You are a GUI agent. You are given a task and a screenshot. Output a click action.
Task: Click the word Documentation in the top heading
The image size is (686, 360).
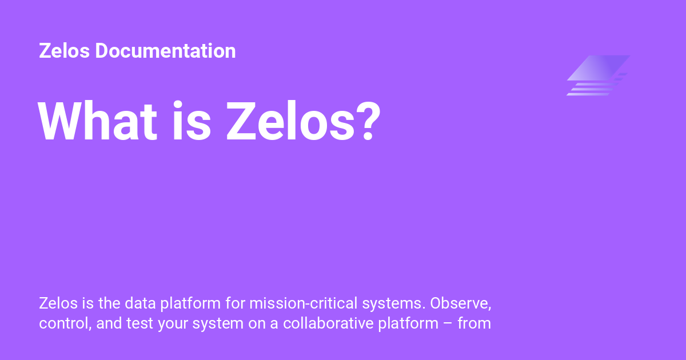[x=165, y=51]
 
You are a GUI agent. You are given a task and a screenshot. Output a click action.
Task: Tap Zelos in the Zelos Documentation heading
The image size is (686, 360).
[x=64, y=51]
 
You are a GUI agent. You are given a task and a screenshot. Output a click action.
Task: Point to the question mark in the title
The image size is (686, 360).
[x=364, y=122]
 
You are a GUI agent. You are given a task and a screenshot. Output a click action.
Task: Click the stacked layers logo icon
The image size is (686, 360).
[x=598, y=75]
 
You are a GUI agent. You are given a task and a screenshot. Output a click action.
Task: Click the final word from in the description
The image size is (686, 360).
[x=474, y=323]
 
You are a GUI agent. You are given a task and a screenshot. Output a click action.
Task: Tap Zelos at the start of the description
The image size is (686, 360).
[x=56, y=302]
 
